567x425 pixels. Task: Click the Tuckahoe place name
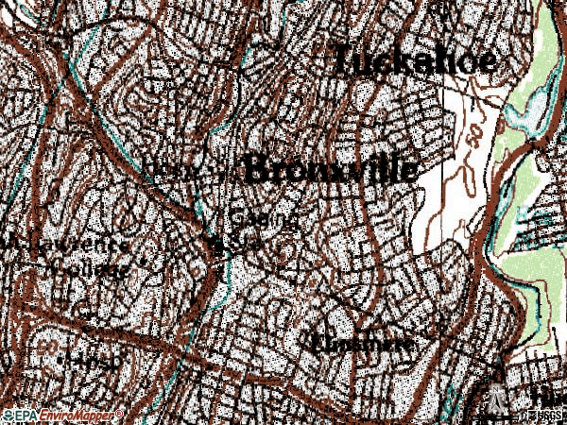point(414,60)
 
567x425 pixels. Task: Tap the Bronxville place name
point(330,170)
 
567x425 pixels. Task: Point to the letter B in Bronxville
point(257,170)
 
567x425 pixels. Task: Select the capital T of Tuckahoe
point(343,59)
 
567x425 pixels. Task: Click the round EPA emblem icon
point(9,416)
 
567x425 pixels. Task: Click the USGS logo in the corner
point(543,416)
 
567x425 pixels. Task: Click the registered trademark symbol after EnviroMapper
point(119,413)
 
